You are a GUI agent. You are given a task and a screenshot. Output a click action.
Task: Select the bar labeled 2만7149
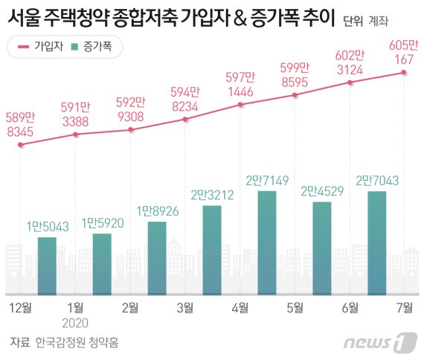(267, 242)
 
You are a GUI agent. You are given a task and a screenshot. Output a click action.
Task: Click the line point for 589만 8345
(21, 144)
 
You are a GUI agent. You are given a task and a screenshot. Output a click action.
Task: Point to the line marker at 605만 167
(404, 72)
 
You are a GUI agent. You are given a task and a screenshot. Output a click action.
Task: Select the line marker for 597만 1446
(240, 105)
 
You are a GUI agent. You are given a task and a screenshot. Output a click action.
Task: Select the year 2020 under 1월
(75, 323)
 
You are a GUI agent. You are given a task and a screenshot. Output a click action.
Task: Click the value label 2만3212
(212, 196)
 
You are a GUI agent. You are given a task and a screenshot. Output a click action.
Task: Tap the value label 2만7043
(376, 181)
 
